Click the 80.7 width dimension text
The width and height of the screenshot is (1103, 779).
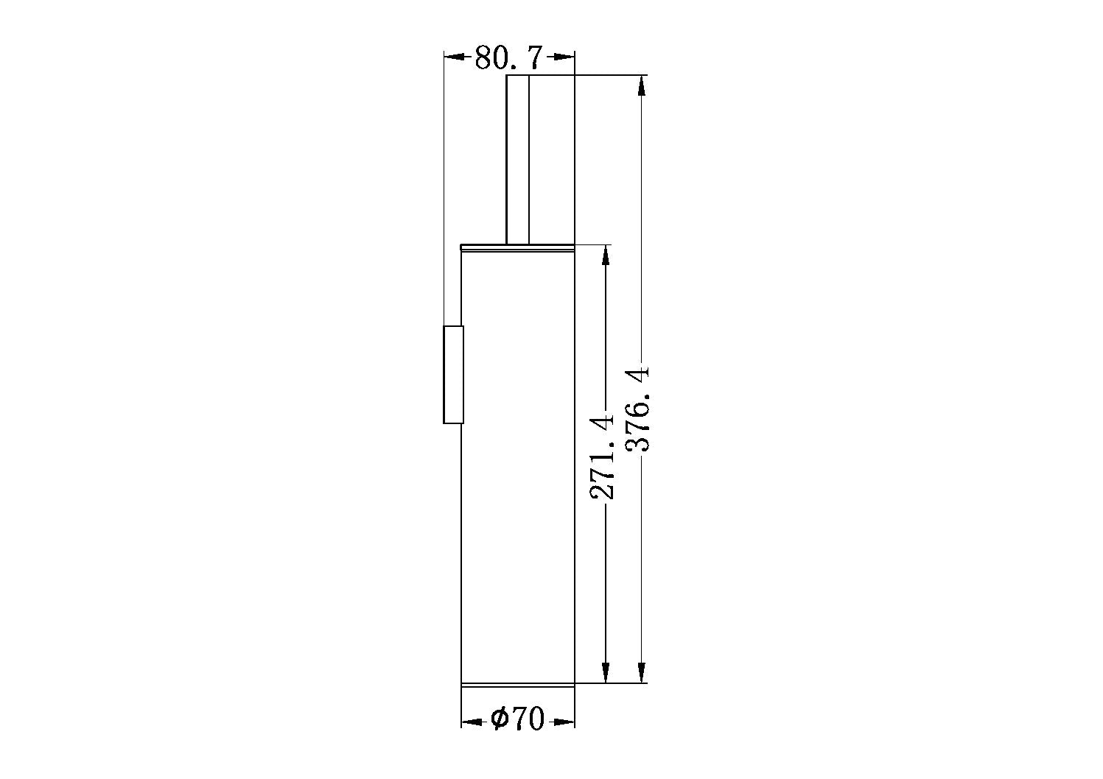pyautogui.click(x=508, y=57)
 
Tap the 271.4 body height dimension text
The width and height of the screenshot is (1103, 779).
pyautogui.click(x=602, y=457)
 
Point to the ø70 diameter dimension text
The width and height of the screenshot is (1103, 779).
pyautogui.click(x=517, y=719)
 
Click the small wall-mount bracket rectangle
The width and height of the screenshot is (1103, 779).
pyautogui.click(x=454, y=375)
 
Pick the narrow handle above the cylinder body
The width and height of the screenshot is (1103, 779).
pyautogui.click(x=540, y=160)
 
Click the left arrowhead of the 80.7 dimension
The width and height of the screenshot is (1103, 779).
pyautogui.click(x=455, y=57)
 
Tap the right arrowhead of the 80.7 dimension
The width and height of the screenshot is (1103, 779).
pyautogui.click(x=564, y=57)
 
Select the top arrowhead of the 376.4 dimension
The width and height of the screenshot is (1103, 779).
pyautogui.click(x=641, y=86)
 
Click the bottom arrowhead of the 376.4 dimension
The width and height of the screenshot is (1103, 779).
pyautogui.click(x=641, y=672)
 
